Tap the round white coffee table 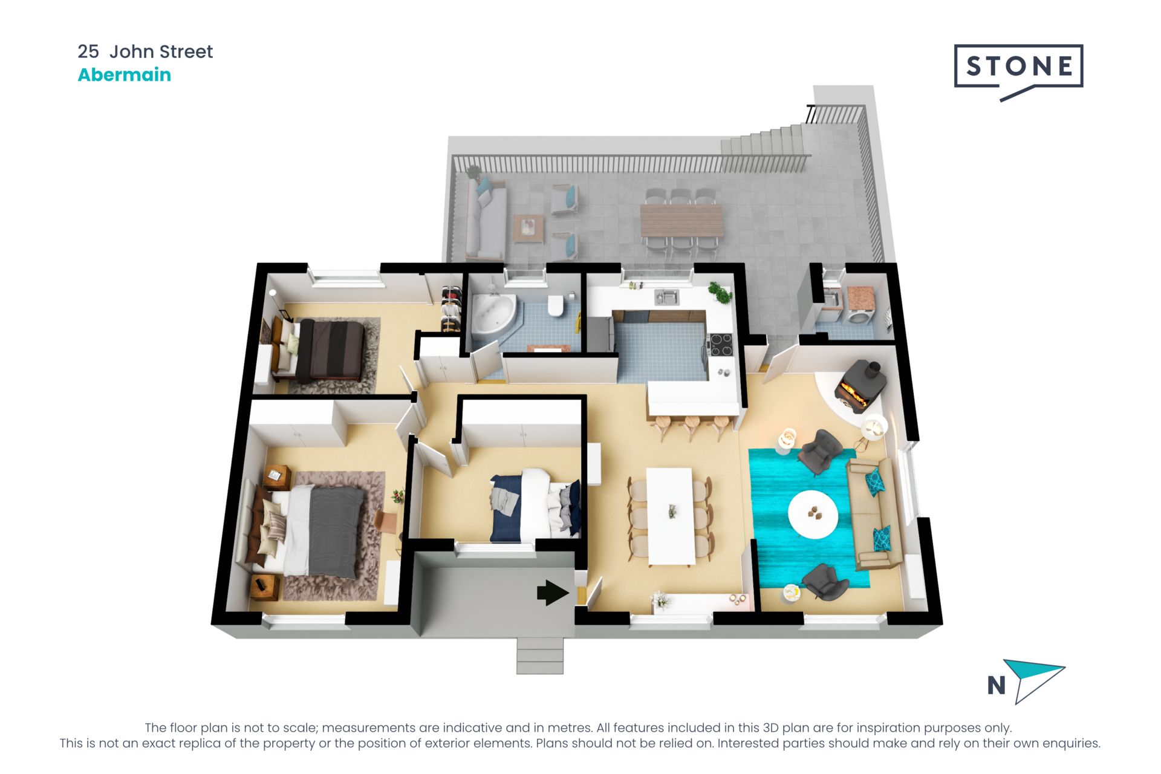[813, 514]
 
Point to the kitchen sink [666, 297]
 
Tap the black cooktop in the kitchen [720, 345]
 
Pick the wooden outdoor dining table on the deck [681, 220]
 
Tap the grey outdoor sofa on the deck [486, 219]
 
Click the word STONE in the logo [1019, 66]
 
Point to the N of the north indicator [996, 686]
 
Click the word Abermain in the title [125, 75]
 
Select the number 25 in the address [88, 52]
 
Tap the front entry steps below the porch [539, 655]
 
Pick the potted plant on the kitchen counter [720, 292]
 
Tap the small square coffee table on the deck [528, 228]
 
